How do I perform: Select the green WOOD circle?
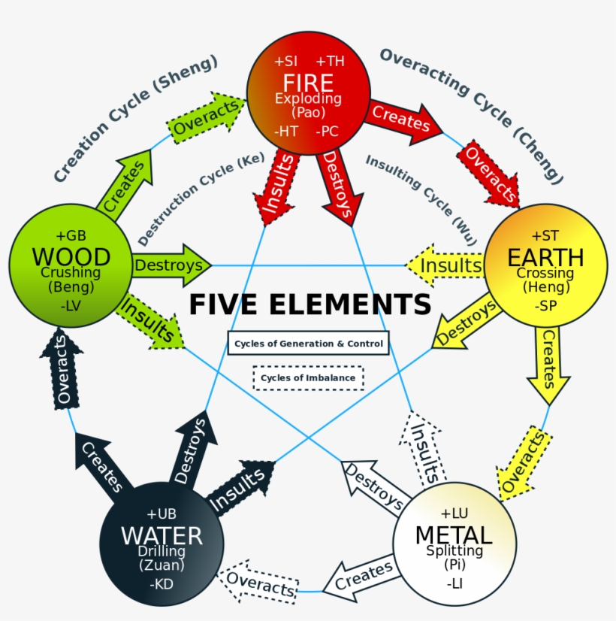point(71,265)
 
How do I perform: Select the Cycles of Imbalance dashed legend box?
point(308,377)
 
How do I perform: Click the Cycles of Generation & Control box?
point(308,344)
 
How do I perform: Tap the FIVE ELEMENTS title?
point(310,305)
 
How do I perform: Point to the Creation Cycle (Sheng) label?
point(136,118)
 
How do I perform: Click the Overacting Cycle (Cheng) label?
point(473,114)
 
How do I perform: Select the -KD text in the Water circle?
point(162,583)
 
